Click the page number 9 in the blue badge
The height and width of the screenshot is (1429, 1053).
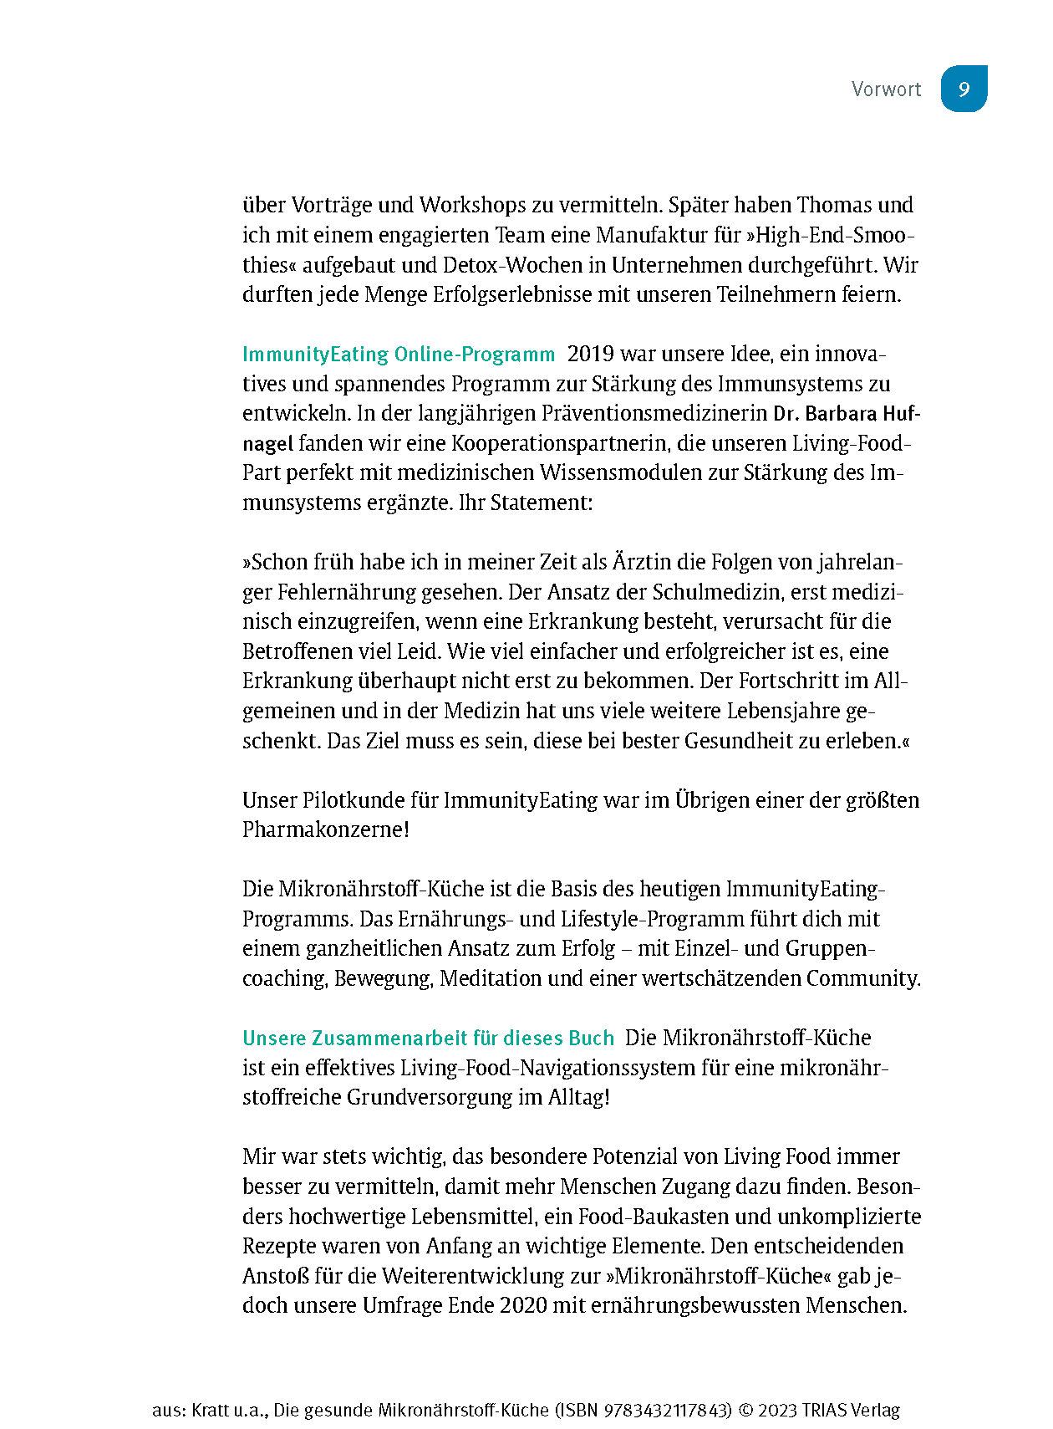(x=964, y=89)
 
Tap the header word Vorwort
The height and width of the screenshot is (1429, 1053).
(x=886, y=89)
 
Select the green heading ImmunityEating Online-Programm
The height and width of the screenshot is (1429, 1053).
(x=399, y=355)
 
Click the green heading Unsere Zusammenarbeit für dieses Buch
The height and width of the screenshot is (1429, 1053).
(x=428, y=1039)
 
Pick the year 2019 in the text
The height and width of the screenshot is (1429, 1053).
(x=590, y=355)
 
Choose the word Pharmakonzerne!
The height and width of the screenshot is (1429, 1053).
(x=326, y=830)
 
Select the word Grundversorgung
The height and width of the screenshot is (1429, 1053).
(x=430, y=1098)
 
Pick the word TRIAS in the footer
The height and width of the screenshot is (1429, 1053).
(x=823, y=1411)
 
